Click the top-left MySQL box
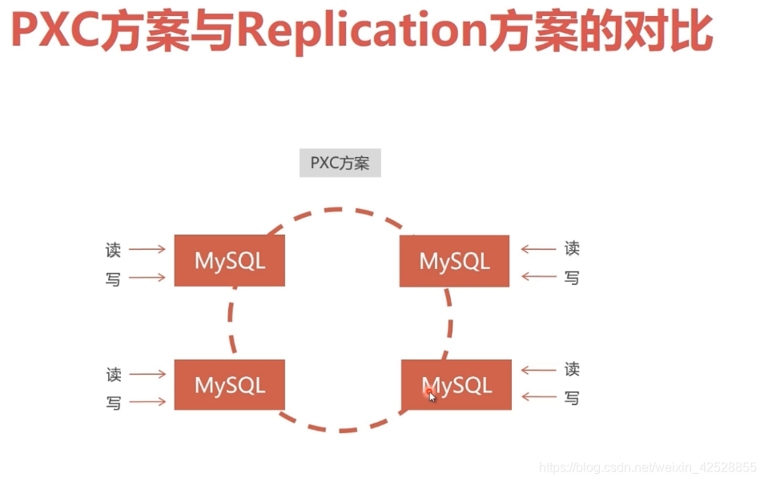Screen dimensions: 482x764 click(230, 260)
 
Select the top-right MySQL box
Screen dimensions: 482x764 click(454, 261)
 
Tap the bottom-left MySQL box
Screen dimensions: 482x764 click(230, 385)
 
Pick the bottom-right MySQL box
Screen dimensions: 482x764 click(456, 385)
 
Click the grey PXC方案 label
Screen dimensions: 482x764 click(340, 163)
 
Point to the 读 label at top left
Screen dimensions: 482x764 click(113, 250)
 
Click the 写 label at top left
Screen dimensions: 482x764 click(113, 279)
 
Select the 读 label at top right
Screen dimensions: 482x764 click(572, 249)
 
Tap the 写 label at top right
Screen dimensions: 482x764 click(572, 278)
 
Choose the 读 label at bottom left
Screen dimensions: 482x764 click(114, 375)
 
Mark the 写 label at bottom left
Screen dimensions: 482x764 click(114, 403)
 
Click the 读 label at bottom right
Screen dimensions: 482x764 click(572, 370)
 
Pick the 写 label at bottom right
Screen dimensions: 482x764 click(572, 398)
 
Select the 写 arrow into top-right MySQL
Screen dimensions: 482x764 click(538, 278)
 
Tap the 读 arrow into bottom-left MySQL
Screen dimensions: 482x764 click(147, 374)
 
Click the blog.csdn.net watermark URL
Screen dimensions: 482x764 click(647, 467)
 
